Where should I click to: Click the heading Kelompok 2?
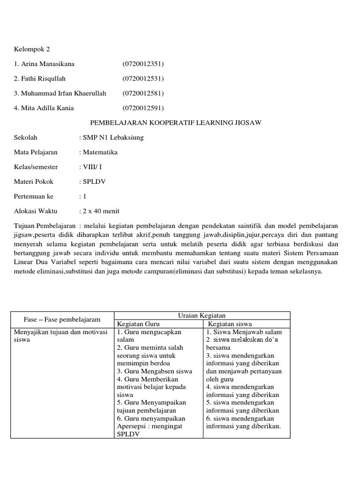coord(32,48)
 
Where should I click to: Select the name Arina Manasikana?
coord(44,63)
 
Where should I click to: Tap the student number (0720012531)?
coord(143,78)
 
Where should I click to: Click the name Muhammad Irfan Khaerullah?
coord(60,93)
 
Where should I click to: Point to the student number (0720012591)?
coord(143,108)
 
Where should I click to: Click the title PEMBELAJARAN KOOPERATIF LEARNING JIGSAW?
coord(175,123)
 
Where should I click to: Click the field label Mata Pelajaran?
coord(36,152)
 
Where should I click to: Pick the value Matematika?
coord(100,152)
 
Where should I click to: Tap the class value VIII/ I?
coord(92,167)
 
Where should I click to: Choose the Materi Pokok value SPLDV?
coord(95,181)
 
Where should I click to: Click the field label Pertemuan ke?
coord(34,196)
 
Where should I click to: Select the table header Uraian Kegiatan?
coord(202,316)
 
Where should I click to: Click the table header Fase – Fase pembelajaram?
coord(62,320)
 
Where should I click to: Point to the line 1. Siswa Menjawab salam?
coord(244,332)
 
